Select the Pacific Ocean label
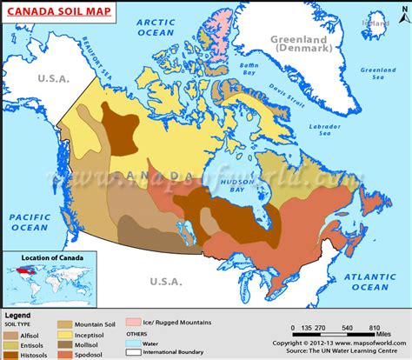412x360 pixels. click(28, 221)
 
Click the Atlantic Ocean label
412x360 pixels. click(366, 280)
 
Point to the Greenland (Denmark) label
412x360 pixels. click(306, 44)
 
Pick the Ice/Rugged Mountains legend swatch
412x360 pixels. click(136, 322)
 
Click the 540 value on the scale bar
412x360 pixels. click(349, 330)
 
